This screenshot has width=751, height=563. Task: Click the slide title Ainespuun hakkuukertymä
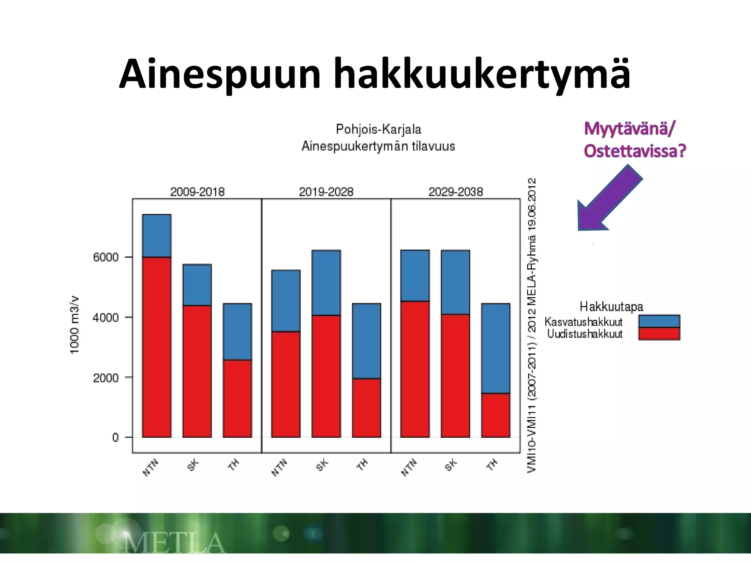coord(375,74)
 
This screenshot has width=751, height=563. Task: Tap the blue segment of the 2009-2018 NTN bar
coord(157,236)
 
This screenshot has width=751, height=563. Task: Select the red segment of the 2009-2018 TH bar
coord(237,398)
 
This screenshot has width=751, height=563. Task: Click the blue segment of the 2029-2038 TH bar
coord(495,348)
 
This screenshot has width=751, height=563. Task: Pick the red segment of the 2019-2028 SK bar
coord(326,376)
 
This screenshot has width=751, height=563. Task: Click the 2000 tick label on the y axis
coord(106,378)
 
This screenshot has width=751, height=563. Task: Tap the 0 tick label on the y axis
coord(116,437)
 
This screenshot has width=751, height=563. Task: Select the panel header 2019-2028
coord(326,192)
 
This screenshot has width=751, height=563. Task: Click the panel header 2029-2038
coord(455,192)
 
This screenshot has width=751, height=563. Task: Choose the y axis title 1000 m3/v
coord(74,325)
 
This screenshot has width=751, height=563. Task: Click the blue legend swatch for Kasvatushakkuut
coord(659,321)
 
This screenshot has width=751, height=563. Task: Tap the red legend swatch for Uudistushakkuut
coord(659,334)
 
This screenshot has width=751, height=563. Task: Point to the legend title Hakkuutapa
coord(611,306)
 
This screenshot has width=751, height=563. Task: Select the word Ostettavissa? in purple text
coord(634,151)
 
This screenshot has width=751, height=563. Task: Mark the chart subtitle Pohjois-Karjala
coord(378,129)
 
